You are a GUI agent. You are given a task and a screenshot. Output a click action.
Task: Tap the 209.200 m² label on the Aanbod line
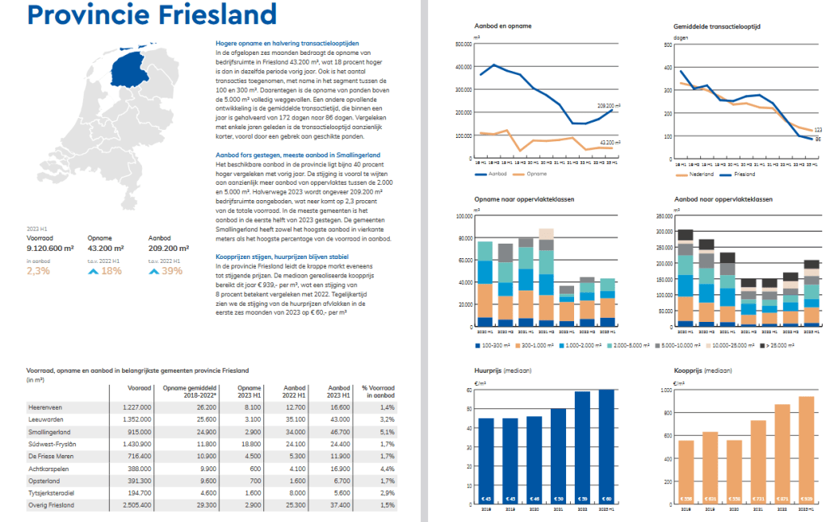[x=608, y=106]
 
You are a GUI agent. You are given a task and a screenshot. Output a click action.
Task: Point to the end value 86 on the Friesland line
[x=817, y=140]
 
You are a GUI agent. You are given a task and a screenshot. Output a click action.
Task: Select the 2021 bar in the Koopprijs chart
[x=758, y=463]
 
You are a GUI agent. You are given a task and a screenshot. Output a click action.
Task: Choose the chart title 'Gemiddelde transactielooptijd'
[x=716, y=27]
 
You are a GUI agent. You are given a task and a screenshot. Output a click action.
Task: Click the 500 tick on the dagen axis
[x=667, y=44]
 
